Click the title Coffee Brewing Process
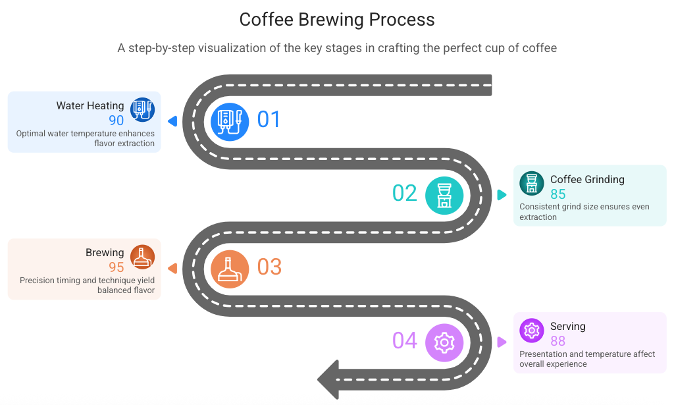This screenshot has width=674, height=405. click(x=337, y=20)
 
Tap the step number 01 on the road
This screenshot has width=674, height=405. click(x=269, y=120)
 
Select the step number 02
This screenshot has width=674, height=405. click(x=405, y=194)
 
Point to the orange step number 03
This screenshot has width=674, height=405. click(x=269, y=267)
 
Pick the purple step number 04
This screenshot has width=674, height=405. click(x=405, y=341)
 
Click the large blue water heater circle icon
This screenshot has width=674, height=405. click(x=230, y=122)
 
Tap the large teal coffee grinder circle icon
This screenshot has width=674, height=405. click(x=444, y=196)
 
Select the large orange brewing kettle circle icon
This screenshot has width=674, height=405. click(x=230, y=269)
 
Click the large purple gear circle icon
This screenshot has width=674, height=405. click(x=444, y=342)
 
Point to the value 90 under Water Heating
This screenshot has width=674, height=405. click(x=117, y=121)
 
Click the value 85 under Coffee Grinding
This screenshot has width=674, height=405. click(x=558, y=194)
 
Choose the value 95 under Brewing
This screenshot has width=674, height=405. click(x=117, y=268)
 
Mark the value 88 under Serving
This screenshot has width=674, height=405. click(x=558, y=341)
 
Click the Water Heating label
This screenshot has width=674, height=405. click(x=90, y=106)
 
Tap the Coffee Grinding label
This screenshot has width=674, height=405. click(x=587, y=180)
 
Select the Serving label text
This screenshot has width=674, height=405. click(x=567, y=327)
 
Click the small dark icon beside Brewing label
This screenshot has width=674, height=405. click(x=142, y=257)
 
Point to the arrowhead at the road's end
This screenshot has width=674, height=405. click(x=328, y=379)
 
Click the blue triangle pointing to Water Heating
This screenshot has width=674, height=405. click(x=172, y=121)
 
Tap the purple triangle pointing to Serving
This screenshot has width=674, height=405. click(x=502, y=342)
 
